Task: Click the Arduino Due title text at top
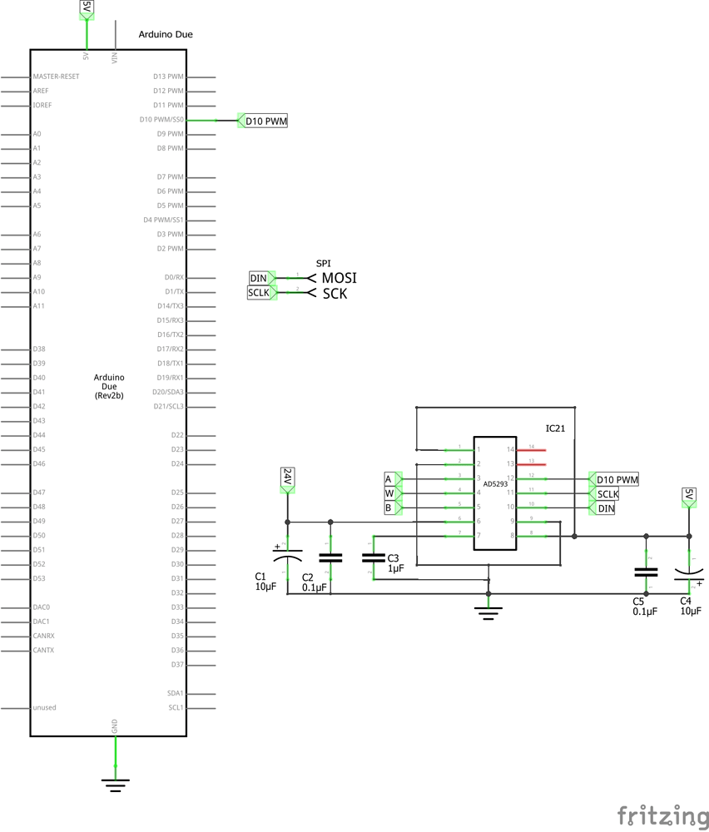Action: tap(166, 35)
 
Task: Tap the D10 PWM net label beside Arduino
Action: tap(265, 121)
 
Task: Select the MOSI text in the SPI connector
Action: tap(339, 278)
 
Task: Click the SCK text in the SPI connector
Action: tap(335, 294)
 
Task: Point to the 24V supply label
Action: tap(287, 478)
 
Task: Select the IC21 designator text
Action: tap(555, 428)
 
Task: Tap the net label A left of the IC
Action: tap(389, 479)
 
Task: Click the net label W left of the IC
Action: tap(389, 493)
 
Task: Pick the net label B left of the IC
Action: tap(389, 508)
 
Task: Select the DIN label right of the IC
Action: tap(606, 508)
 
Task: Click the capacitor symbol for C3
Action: tap(374, 557)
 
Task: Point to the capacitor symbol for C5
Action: tap(645, 572)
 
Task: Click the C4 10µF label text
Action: tap(691, 606)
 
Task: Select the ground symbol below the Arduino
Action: tap(115, 783)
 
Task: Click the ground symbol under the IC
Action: tap(488, 613)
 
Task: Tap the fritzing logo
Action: tap(662, 815)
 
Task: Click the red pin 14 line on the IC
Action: tap(532, 450)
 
